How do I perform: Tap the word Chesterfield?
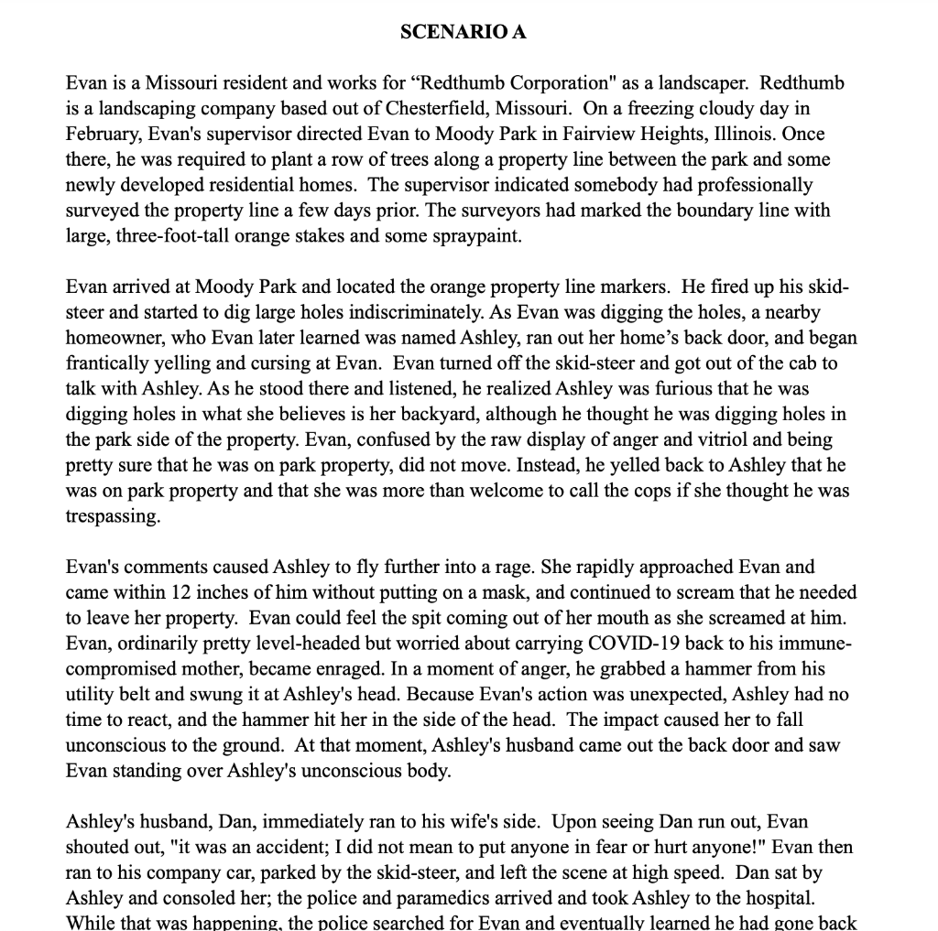(444, 109)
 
